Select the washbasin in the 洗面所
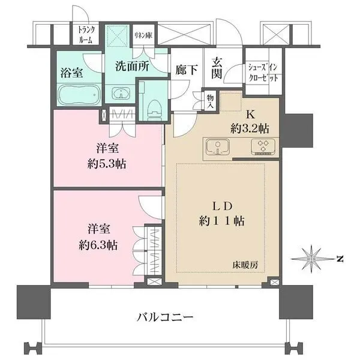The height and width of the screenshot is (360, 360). click(x=122, y=94)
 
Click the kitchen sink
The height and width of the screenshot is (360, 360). click(x=217, y=146)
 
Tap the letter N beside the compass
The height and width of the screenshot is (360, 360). click(x=339, y=259)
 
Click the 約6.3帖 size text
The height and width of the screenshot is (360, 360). click(x=96, y=245)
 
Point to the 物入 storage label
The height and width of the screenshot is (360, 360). click(x=210, y=102)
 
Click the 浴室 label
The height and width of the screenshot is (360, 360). click(x=71, y=72)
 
